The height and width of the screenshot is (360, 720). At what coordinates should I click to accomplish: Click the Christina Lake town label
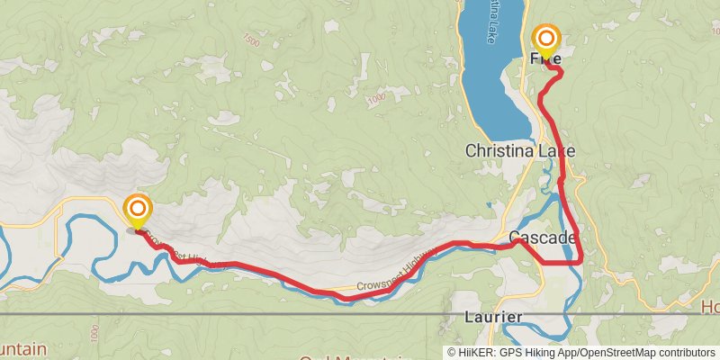click(519, 151)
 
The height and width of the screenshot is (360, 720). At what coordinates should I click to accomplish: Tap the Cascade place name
click(542, 238)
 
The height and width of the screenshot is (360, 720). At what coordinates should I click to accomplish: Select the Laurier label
click(493, 318)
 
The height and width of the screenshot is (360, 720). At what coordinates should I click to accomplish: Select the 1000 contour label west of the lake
click(376, 96)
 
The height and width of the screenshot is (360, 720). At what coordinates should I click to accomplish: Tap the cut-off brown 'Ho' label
click(709, 306)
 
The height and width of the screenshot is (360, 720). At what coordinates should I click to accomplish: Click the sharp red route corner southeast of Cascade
click(580, 261)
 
